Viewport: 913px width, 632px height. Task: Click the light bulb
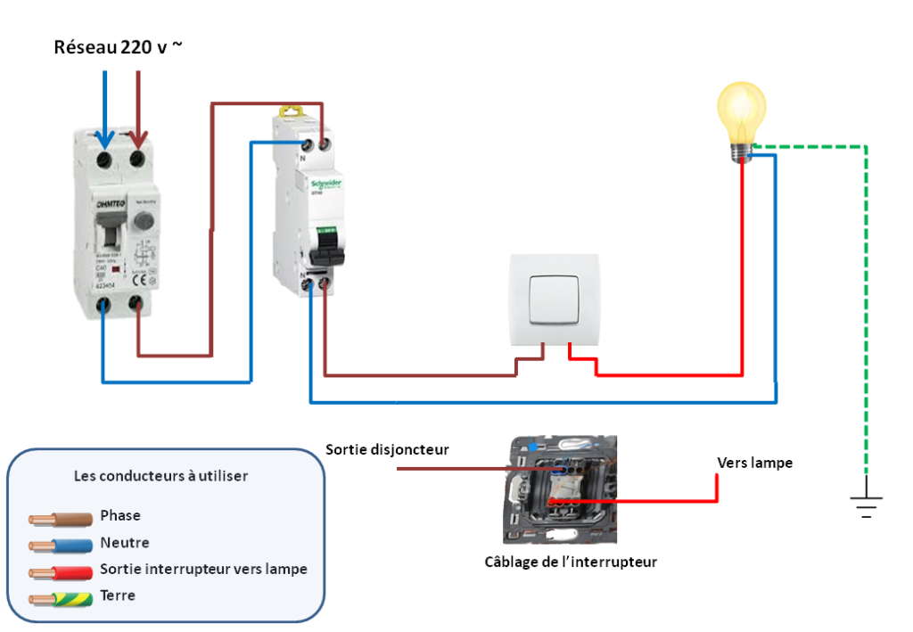click(x=743, y=117)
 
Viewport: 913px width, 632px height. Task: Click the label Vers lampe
click(x=754, y=463)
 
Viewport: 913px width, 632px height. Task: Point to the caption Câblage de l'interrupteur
click(x=570, y=562)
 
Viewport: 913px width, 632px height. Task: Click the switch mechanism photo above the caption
click(x=560, y=489)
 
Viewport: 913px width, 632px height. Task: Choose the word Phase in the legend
click(x=120, y=515)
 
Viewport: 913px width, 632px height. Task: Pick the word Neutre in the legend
click(x=124, y=542)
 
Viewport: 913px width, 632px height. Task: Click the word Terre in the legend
click(x=118, y=595)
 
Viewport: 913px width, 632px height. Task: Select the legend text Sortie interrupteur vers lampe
click(x=203, y=569)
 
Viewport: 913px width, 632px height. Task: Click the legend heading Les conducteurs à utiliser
click(x=160, y=476)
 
